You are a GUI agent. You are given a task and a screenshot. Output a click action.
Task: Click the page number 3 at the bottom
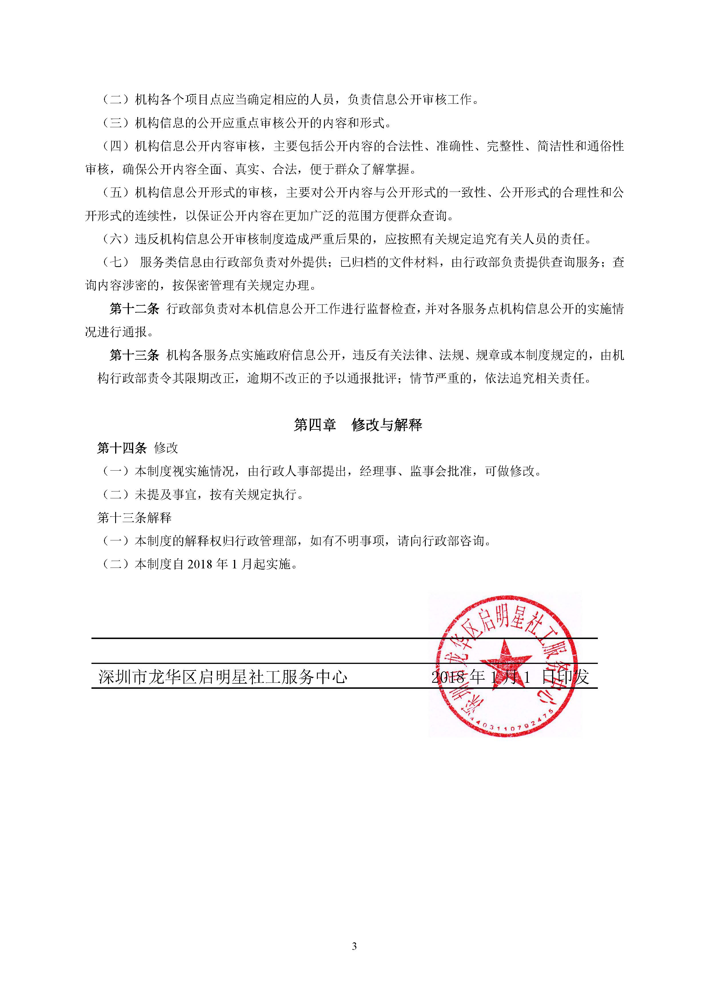coord(354,946)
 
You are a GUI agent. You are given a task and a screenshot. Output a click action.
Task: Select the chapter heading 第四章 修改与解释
coord(358,425)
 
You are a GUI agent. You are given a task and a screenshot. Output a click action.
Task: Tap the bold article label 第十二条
coord(135,309)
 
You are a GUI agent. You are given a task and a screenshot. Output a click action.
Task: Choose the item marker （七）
coord(116,262)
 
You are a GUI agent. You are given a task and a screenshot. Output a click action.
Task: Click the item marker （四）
coord(116,146)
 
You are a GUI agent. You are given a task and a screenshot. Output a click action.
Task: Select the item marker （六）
coord(116,239)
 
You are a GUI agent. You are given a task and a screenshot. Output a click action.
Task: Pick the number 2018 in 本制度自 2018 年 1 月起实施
coord(199,564)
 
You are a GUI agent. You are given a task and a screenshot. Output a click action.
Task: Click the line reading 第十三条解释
coord(135,518)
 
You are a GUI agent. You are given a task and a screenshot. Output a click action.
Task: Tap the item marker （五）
coord(116,193)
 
